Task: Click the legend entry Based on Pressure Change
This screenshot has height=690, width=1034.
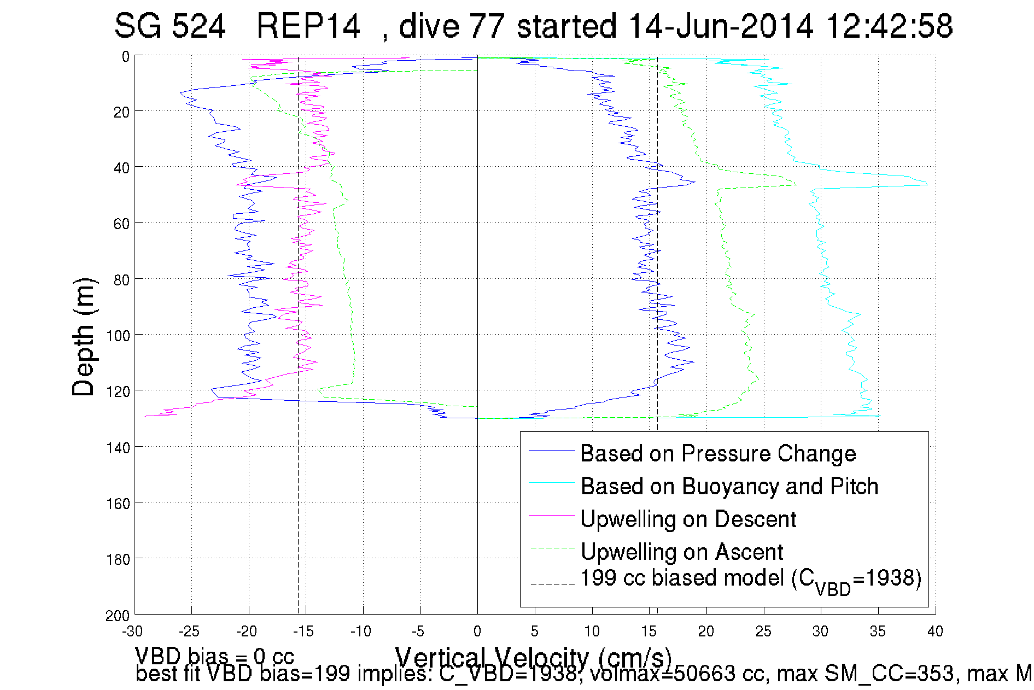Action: click(x=717, y=454)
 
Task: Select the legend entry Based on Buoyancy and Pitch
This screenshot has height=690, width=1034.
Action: click(x=729, y=487)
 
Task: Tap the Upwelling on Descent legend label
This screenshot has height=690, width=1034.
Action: click(x=688, y=519)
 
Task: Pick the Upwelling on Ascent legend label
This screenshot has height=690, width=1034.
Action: click(x=681, y=552)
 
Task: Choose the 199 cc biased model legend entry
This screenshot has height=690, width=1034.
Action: click(x=750, y=580)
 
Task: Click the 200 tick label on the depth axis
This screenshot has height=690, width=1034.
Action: click(x=117, y=616)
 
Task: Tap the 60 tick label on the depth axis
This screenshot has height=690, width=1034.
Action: click(x=121, y=224)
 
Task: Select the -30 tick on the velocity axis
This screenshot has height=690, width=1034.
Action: click(x=132, y=631)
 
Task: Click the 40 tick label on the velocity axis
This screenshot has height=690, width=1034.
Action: click(x=935, y=631)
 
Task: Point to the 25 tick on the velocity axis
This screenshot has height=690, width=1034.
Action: click(x=763, y=631)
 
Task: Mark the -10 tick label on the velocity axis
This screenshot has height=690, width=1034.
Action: click(x=361, y=631)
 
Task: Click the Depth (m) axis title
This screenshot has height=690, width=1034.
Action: click(x=84, y=337)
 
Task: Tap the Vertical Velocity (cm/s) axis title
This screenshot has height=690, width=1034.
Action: click(x=533, y=657)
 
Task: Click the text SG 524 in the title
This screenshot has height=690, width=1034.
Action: click(x=170, y=26)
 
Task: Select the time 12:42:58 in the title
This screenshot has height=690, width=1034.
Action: click(x=889, y=26)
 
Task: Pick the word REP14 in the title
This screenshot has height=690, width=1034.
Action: click(x=308, y=26)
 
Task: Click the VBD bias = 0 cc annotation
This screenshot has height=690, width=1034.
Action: click(x=214, y=656)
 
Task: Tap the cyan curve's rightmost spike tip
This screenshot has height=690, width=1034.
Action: click(x=927, y=184)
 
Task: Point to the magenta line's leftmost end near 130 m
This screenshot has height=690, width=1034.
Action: click(x=145, y=417)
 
